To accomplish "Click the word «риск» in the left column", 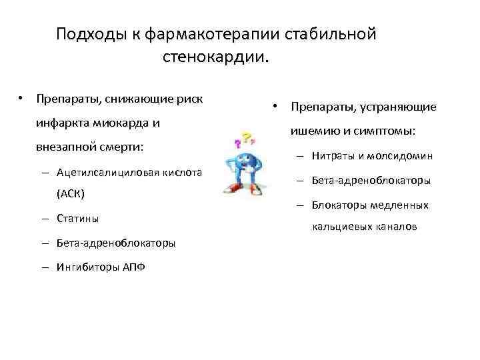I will pos(189,99).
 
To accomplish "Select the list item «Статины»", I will pos(79,219).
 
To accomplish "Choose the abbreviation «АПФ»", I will pos(132,267).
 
